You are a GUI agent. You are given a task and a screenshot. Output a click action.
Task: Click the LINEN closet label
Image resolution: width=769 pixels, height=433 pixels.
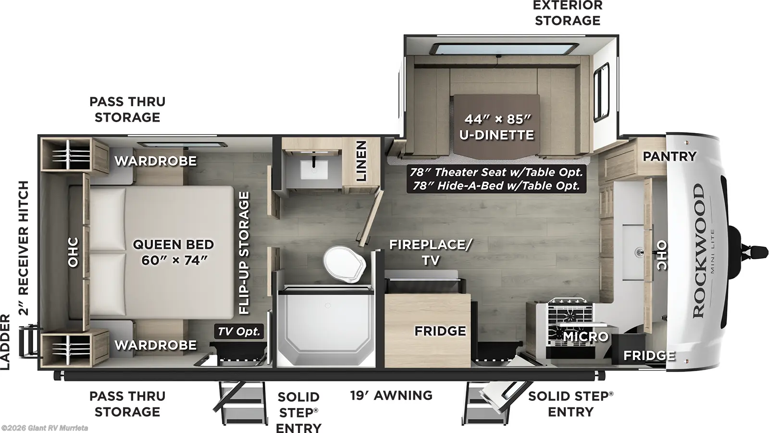[361, 161]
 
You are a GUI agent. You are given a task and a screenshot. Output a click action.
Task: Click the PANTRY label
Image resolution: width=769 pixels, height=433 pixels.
[669, 156]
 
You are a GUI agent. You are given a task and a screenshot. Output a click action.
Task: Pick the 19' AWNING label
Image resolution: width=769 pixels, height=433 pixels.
[391, 395]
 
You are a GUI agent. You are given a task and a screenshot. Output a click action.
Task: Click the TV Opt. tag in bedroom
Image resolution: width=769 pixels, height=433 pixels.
[238, 331]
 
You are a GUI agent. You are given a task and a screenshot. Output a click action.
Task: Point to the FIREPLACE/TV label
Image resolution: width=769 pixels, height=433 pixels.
[430, 252]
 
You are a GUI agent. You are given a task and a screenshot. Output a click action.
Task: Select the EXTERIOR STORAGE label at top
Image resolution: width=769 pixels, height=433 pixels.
[568, 13]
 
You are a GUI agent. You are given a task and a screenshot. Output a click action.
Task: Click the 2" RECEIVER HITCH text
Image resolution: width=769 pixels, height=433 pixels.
[23, 247]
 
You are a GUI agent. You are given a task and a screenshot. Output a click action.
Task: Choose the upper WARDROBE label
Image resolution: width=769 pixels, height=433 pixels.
[155, 161]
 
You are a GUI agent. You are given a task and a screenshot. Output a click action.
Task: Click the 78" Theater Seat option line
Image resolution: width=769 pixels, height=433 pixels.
[496, 172]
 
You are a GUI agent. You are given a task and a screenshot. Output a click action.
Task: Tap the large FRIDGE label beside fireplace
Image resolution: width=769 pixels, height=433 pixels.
[440, 331]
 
